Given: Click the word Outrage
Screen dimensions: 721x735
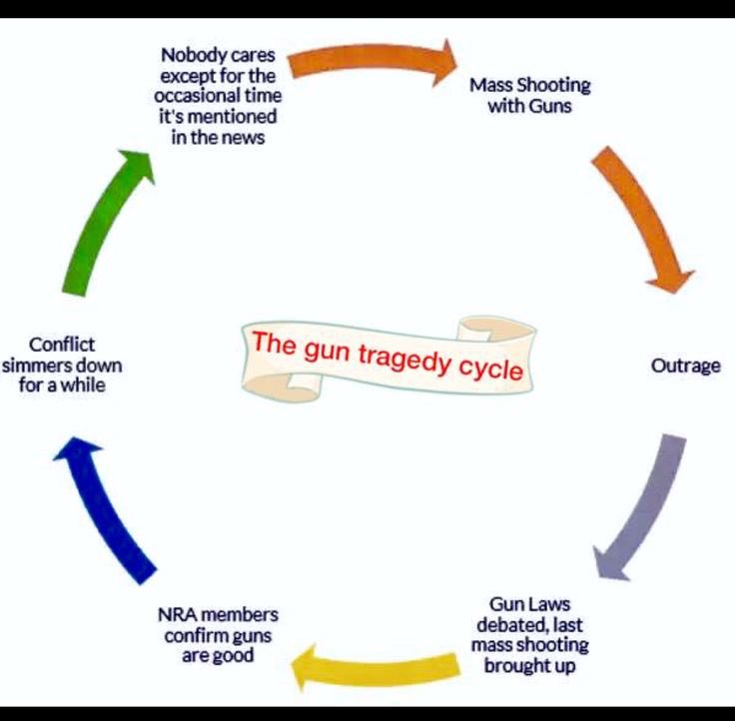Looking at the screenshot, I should (685, 366).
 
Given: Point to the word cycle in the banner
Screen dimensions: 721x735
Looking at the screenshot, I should (490, 367).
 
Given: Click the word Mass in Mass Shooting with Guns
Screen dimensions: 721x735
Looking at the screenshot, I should (491, 84).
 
